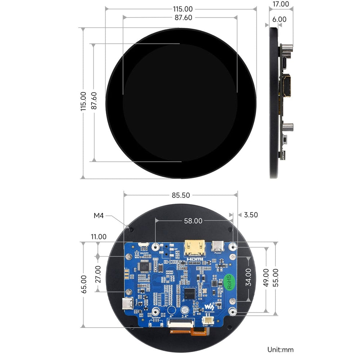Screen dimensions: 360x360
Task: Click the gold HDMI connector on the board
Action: coord(195,248)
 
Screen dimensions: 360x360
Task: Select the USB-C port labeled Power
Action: coord(218,246)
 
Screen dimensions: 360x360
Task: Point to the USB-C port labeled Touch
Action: coord(128,304)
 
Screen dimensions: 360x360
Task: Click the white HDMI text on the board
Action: coord(194,259)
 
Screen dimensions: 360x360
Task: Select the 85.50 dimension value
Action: coord(181,195)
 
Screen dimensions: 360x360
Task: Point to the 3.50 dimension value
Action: coord(251,215)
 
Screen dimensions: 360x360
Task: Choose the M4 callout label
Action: coord(99,216)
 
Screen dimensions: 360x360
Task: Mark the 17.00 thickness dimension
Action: coord(281,4)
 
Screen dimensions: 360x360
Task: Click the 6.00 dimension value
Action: coord(279,19)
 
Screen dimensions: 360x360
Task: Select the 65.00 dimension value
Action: coord(84,284)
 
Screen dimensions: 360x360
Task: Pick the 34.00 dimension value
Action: coord(248,277)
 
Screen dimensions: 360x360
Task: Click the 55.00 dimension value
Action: coord(275,277)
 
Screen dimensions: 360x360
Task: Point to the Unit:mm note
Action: coord(280,350)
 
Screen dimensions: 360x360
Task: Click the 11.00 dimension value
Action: coord(99,237)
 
